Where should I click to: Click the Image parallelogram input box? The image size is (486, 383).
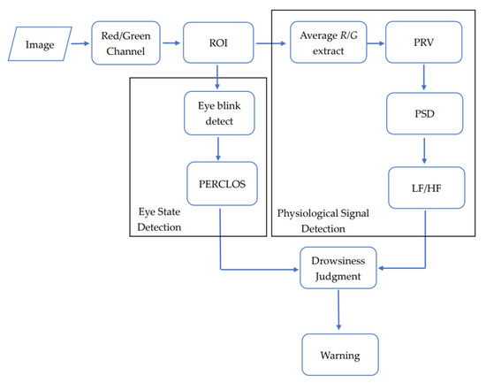coord(41,43)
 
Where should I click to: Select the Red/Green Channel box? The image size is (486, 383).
coord(128,43)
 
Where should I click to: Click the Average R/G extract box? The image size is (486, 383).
coord(328,43)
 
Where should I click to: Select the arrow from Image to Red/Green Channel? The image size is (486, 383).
coord(80,43)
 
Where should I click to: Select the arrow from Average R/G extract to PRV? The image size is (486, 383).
coord(376,43)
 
